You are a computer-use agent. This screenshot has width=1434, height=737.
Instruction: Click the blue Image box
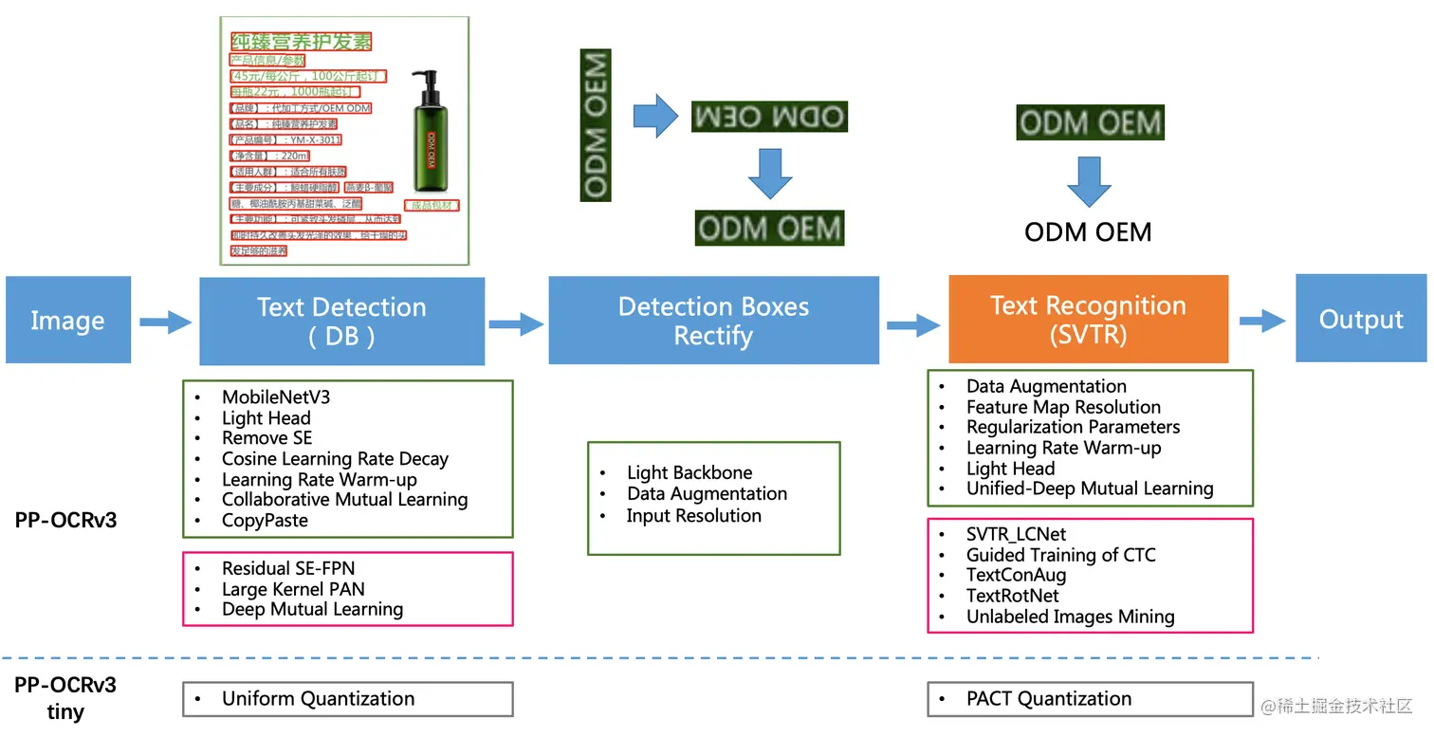67,320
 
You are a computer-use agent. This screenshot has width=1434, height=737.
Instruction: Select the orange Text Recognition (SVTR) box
1088,320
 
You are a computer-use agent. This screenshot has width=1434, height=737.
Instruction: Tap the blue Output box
1360,319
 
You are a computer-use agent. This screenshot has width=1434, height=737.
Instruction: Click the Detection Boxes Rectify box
713,321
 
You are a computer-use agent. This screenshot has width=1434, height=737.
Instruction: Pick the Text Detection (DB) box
341,322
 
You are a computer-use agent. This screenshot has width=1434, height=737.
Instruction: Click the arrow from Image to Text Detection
165,322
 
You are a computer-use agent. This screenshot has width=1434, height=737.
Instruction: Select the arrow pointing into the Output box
1261,321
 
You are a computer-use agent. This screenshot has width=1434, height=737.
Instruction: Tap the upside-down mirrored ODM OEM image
768,117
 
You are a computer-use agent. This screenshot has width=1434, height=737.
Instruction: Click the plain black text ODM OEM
1088,232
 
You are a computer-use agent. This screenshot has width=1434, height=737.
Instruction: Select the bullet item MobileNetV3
276,397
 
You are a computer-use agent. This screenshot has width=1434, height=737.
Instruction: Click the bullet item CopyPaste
265,520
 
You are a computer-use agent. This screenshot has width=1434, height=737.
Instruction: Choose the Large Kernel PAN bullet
280,589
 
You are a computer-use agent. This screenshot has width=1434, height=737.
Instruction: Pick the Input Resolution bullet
693,516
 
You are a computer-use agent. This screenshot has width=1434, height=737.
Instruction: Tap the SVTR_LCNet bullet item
1016,535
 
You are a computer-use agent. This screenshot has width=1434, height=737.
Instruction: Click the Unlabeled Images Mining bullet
1070,617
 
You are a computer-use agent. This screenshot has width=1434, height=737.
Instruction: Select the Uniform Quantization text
318,699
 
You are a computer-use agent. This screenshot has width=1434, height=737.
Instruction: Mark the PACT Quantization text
1048,699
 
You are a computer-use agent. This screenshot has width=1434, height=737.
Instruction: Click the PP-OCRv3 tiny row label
65,698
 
